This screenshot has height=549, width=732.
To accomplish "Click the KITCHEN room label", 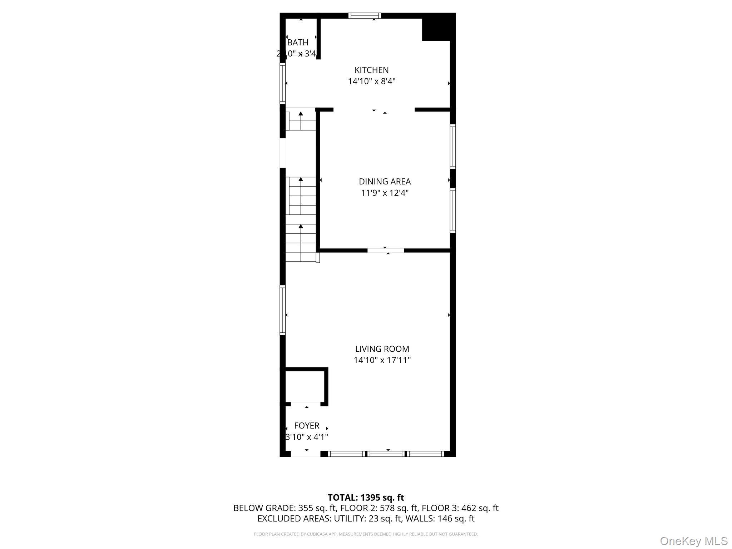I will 371,70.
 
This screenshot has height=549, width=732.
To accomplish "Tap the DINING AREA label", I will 385,182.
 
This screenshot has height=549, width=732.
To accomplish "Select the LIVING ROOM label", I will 382,349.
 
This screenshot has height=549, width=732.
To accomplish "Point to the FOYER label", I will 307,426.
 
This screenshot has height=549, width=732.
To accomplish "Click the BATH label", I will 298,43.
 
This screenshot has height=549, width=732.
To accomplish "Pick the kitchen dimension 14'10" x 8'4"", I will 372,81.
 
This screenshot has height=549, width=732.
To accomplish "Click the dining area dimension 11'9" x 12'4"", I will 385,193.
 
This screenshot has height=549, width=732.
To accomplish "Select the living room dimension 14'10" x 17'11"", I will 382,360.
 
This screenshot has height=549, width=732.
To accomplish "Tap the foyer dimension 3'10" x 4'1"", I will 307,437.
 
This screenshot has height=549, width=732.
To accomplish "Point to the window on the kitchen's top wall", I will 365,16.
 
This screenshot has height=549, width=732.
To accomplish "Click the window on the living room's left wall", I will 283,310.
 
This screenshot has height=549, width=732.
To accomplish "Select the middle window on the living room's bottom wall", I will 386,454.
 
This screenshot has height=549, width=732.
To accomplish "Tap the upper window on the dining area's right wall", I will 453,146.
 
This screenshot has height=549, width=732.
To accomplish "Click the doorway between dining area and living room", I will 386,251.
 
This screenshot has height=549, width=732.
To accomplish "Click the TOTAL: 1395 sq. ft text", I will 366,498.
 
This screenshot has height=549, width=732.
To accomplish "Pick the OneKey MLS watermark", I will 693,541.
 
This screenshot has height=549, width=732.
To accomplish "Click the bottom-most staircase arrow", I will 301,226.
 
